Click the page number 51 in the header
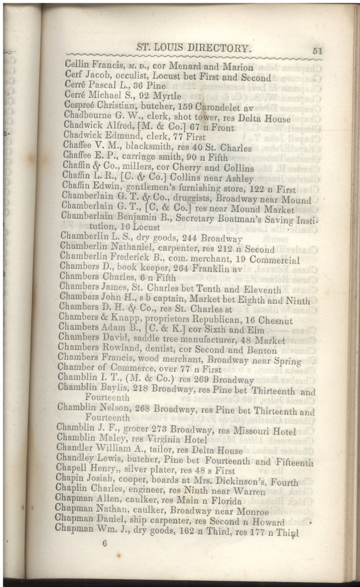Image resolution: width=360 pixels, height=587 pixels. click(317, 51)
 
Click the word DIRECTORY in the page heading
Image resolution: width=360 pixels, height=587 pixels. click(214, 48)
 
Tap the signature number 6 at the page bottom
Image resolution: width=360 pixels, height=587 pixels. click(105, 543)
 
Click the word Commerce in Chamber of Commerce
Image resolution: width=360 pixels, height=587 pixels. click(127, 371)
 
